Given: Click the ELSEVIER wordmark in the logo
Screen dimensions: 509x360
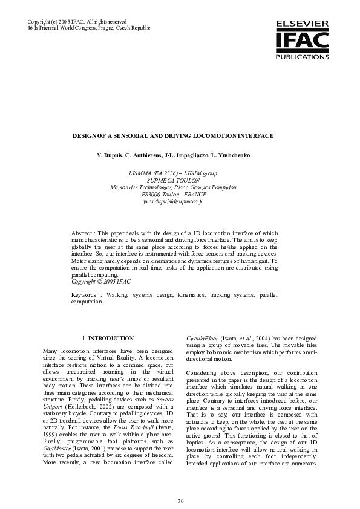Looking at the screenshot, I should (302, 22).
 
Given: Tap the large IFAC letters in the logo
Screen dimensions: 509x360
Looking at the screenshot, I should (302, 40).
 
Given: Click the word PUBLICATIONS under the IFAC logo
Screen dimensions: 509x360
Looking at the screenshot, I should (302, 56).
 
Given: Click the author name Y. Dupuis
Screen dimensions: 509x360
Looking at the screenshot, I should (111, 155).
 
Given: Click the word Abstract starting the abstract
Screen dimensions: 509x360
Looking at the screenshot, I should (82, 233).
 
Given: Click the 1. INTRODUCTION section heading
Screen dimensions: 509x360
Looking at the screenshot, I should (108, 338).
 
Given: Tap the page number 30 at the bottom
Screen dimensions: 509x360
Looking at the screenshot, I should (180, 501).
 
